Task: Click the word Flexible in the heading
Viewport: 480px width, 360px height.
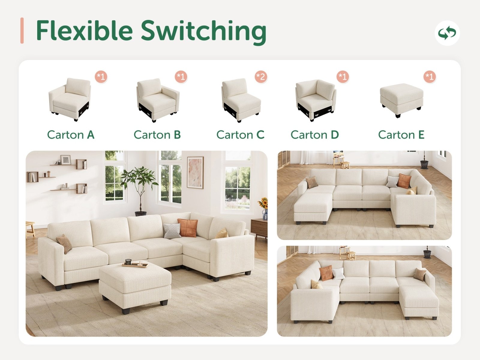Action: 84,30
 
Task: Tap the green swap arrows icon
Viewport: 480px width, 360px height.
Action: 447,33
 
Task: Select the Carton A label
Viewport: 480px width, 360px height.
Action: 70,135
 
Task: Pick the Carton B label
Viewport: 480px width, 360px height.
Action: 157,135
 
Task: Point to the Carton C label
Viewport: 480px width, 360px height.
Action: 240,135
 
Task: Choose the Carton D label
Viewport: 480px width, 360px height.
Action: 314,135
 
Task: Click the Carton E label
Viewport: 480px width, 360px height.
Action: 401,135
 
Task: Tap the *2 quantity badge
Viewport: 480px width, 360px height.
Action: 261,77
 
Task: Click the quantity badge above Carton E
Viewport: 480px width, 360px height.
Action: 430,77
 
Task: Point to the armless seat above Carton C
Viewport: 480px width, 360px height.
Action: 241,100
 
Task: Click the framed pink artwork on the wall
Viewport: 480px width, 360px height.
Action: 195,173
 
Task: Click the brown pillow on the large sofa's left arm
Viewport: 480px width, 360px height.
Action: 64,244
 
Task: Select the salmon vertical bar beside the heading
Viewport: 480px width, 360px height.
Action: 22,31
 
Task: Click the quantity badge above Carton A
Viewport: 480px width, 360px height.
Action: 101,77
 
